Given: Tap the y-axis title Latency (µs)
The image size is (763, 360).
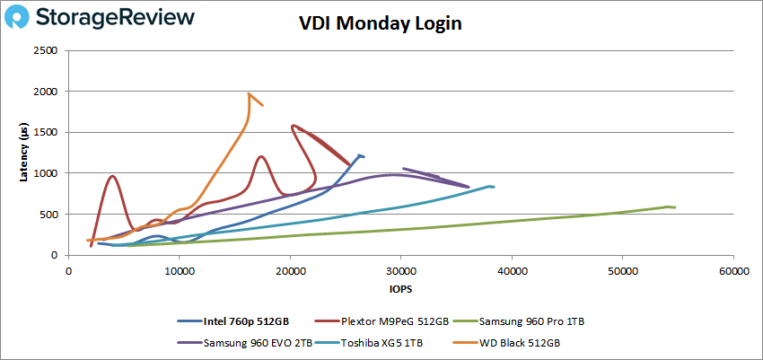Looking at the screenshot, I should click(x=23, y=154).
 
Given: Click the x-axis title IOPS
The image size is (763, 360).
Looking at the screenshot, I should click(x=400, y=289).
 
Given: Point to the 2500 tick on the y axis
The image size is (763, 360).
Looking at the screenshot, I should click(x=47, y=51).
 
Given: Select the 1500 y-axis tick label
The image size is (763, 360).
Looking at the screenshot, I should click(x=47, y=133).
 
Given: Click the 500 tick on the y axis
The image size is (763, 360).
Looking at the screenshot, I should click(x=49, y=215).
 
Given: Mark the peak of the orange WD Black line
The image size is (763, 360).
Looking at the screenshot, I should click(x=249, y=93).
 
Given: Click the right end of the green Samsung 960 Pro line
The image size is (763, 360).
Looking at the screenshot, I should click(x=674, y=207).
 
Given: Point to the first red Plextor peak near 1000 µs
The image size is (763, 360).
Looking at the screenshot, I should click(x=112, y=176).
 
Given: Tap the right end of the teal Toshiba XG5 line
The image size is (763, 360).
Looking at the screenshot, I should click(x=494, y=187).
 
